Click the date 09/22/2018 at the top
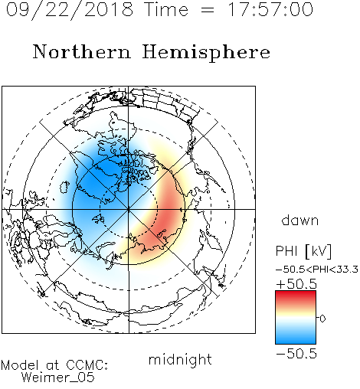click(70, 10)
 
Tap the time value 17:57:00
click(270, 9)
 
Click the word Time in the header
click(166, 9)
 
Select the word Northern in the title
click(82, 51)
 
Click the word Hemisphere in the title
click(206, 53)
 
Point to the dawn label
click(300, 220)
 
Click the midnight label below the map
click(180, 359)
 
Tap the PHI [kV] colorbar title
click(303, 251)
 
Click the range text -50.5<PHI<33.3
click(317, 270)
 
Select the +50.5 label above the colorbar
click(296, 284)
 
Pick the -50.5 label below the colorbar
click(296, 354)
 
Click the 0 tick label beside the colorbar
click(322, 319)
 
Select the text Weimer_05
click(58, 378)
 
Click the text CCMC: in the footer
click(87, 365)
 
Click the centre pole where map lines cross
click(129, 209)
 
